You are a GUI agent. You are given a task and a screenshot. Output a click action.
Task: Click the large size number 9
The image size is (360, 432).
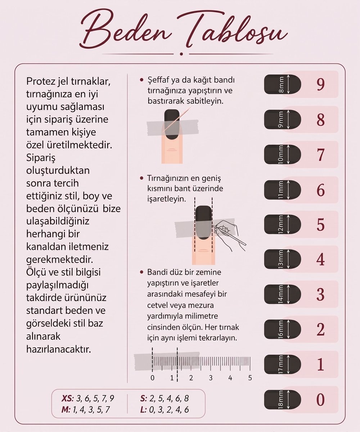pyautogui.click(x=320, y=85)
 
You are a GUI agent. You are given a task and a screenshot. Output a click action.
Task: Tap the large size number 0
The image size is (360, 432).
pyautogui.click(x=320, y=399)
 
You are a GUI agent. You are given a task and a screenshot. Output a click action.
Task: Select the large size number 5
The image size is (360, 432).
pyautogui.click(x=320, y=225)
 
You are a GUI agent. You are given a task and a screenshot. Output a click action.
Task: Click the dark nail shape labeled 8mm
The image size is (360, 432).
pyautogui.click(x=282, y=84)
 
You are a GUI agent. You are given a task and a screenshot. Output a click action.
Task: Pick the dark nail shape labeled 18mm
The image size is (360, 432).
pyautogui.click(x=282, y=400)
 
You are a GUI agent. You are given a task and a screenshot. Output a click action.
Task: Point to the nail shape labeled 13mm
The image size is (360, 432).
pyautogui.click(x=282, y=260)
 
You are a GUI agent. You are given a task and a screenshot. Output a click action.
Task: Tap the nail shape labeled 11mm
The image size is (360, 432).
pyautogui.click(x=282, y=190)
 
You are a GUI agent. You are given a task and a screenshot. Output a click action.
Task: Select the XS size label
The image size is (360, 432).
pyautogui.click(x=67, y=398)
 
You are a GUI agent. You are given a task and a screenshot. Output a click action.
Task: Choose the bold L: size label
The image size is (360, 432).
pyautogui.click(x=143, y=410)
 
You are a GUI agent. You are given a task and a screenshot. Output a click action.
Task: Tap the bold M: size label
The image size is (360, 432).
pyautogui.click(x=66, y=410)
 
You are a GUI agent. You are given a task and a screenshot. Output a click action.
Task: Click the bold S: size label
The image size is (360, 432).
pyautogui.click(x=143, y=398)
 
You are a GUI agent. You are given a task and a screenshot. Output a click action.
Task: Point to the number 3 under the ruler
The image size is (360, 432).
pyautogui.click(x=211, y=378)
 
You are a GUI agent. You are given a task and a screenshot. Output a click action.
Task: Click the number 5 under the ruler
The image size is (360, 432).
pyautogui.click(x=250, y=378)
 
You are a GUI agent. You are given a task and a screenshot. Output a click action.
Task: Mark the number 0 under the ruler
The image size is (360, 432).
pyautogui.click(x=153, y=378)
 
